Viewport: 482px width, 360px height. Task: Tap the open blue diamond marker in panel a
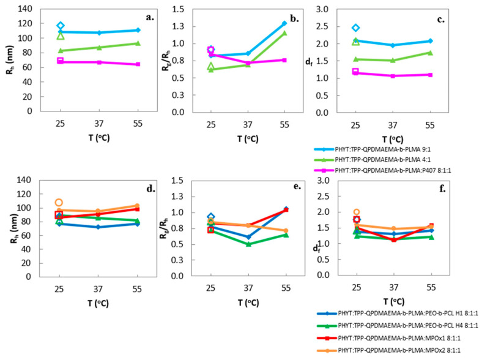click(61, 26)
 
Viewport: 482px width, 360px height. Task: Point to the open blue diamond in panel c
click(356, 28)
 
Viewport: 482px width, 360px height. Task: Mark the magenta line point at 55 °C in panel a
click(138, 64)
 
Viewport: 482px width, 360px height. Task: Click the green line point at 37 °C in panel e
click(247, 244)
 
